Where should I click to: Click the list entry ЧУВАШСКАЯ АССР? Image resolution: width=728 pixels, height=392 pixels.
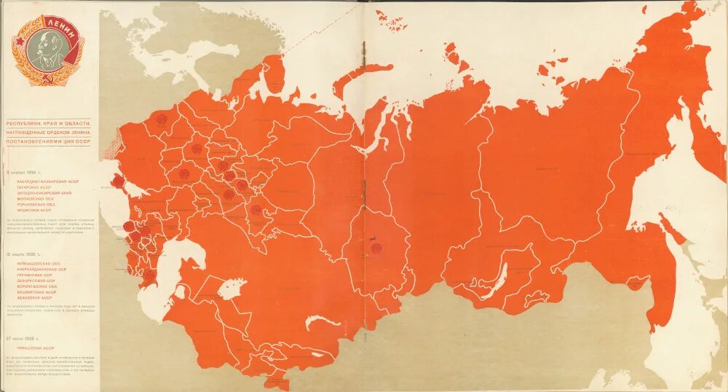(36, 348)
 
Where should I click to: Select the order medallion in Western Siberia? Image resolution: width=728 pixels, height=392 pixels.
(376, 248)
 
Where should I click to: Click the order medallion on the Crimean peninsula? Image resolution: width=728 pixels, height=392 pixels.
(116, 182)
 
